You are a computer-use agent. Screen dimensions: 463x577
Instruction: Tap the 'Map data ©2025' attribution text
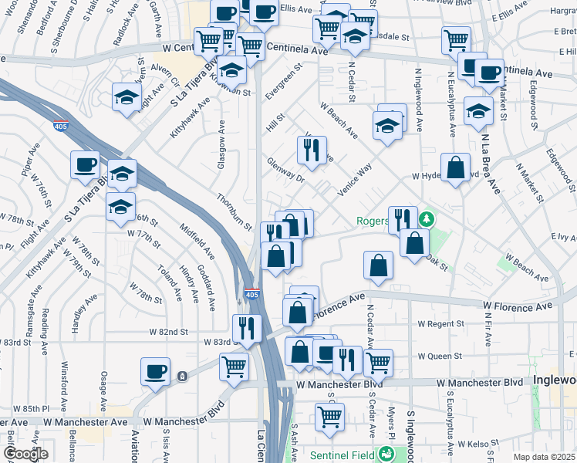point(543,457)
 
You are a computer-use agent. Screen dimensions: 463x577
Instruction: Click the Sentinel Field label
point(344,455)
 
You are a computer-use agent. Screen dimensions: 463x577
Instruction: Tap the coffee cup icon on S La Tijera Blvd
point(85,164)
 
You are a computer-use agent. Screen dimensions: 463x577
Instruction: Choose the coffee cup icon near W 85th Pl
point(155,371)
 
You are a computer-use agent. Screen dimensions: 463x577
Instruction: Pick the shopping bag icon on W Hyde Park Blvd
point(456,167)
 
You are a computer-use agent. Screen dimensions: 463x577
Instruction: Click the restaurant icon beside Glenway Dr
point(312,150)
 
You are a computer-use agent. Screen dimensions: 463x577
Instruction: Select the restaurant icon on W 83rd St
point(247,328)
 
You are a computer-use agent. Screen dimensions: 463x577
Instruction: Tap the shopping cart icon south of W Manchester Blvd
point(329,417)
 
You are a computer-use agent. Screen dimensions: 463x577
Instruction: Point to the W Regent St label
point(440,323)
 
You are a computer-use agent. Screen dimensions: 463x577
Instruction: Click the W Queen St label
point(440,357)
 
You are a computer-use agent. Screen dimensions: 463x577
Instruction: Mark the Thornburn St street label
point(234,212)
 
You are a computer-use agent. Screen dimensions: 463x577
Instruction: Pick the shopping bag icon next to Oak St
point(415,243)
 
